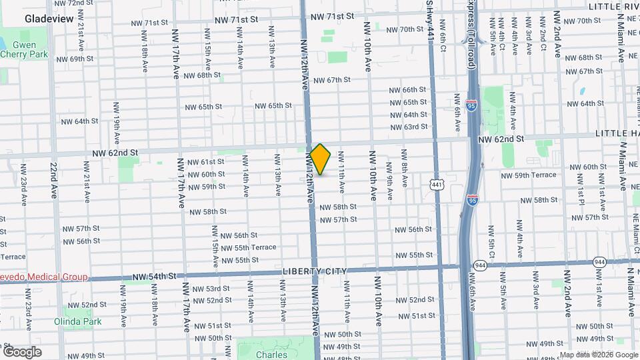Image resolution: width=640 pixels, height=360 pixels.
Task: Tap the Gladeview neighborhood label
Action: coord(49,19)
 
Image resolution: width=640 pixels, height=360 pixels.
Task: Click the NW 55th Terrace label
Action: coord(248,247)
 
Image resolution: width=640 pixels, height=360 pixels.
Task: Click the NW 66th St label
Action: coord(408,90)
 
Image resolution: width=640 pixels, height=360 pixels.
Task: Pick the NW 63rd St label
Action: coord(409,127)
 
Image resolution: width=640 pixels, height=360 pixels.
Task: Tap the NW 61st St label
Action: coord(206,162)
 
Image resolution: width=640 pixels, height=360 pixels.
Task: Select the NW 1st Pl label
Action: coord(581,193)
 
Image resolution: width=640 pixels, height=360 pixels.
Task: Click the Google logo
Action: coord(22,352)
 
